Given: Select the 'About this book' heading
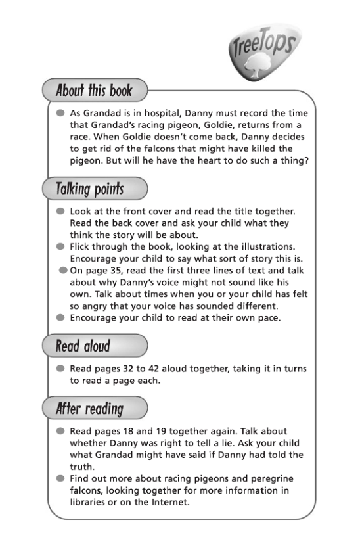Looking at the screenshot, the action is pos(94,91).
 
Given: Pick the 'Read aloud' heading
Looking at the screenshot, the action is pos(83,346).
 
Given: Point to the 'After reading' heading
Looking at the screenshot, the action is pos(89,409).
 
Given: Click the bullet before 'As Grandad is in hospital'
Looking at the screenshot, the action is pos(60,113).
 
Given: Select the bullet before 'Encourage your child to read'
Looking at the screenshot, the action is pos(60,318).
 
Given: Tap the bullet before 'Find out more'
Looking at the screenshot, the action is pos(60,479).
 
